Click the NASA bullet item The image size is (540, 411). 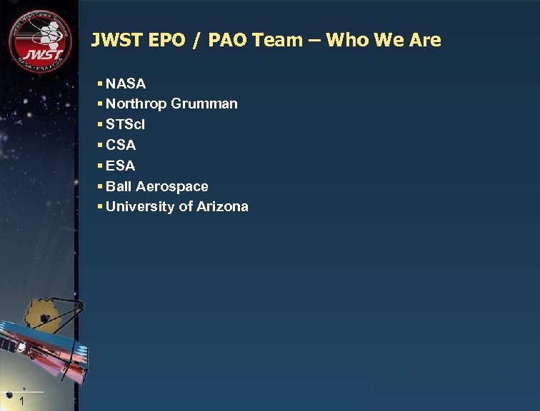click(x=126, y=83)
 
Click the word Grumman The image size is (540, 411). click(x=204, y=104)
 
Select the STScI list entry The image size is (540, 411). click(x=126, y=124)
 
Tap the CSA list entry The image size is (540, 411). click(x=121, y=145)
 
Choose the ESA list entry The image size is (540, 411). click(x=121, y=166)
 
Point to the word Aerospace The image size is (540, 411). click(x=172, y=186)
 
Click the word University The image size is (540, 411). click(x=136, y=207)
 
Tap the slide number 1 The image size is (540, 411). click(x=23, y=402)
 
